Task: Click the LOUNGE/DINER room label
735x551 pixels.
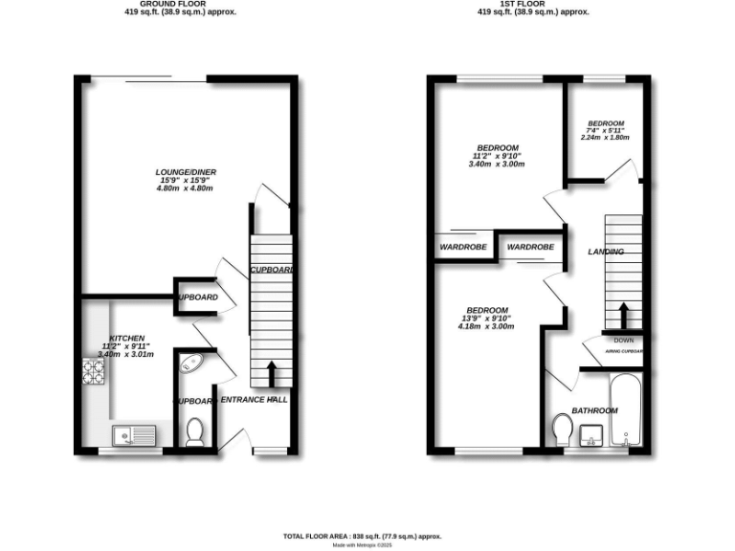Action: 186,172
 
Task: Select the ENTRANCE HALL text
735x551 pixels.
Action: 254,400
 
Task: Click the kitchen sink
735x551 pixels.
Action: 131,436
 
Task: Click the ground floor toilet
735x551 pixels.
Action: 195,432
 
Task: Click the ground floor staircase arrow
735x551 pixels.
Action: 270,372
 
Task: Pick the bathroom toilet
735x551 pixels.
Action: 562,430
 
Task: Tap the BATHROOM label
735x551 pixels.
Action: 594,410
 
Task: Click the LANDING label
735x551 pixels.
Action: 606,252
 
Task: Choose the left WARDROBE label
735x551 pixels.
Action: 463,247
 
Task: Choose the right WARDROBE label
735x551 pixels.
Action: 530,247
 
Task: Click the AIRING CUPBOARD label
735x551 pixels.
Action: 624,352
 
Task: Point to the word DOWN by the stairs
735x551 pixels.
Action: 623,340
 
